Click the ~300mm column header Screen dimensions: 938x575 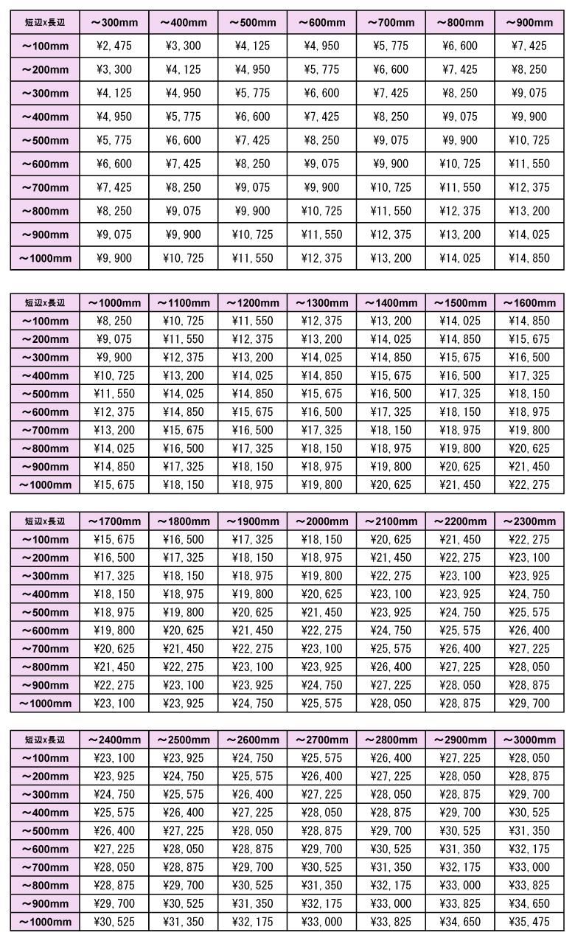point(114,23)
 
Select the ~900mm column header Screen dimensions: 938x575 point(529,23)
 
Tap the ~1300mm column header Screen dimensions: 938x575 point(322,303)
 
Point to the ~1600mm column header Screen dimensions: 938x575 point(529,303)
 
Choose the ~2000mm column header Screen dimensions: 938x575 point(322,521)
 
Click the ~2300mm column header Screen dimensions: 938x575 point(529,521)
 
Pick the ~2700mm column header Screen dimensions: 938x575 point(322,740)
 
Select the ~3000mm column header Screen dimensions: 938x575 point(529,740)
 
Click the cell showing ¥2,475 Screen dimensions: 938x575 point(114,46)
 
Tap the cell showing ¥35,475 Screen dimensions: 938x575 point(529,921)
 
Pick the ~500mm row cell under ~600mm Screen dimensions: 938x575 point(321,140)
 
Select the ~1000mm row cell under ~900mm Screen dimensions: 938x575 point(529,258)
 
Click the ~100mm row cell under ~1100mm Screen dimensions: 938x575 point(184,321)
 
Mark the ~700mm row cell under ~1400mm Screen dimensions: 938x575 point(391,430)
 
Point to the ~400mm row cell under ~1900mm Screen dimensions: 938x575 point(253,594)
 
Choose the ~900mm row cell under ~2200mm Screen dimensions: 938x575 point(460,684)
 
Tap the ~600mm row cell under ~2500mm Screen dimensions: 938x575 point(184,849)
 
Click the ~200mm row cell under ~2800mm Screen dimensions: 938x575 point(391,777)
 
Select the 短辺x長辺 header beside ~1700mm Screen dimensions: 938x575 point(45,521)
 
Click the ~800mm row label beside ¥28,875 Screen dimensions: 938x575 point(45,885)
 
